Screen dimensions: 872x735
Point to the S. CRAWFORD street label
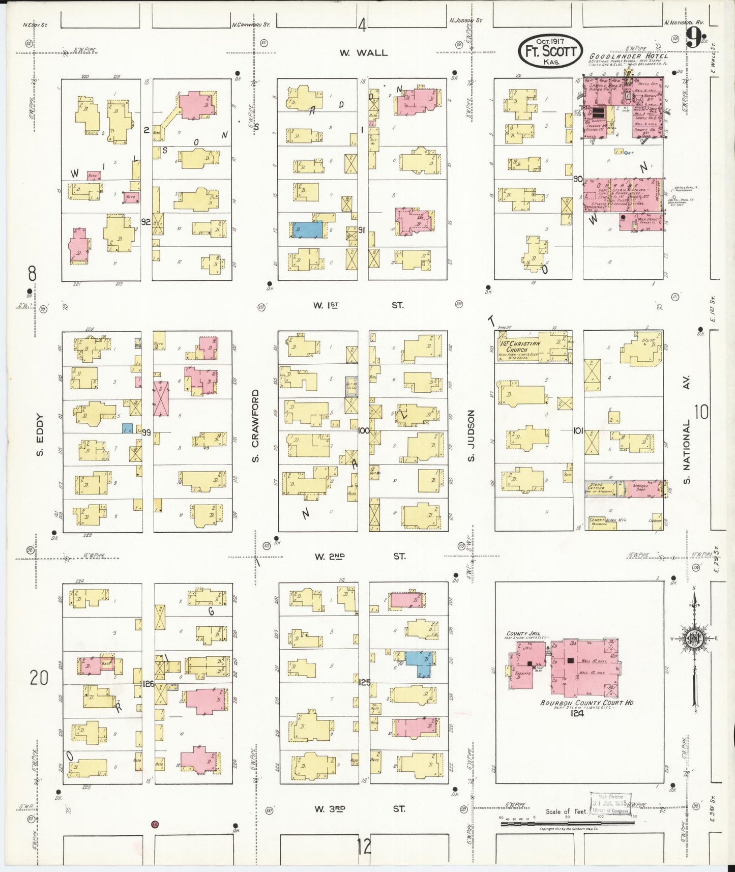tap(255, 426)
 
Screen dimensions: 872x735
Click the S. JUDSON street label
tap(471, 436)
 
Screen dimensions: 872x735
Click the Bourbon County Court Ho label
tap(586, 703)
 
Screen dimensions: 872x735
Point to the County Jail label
tap(523, 634)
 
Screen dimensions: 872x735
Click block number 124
tap(577, 713)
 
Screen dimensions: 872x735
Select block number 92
tap(146, 222)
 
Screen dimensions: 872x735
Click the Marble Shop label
tap(640, 487)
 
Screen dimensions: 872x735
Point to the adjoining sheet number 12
tap(364, 847)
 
